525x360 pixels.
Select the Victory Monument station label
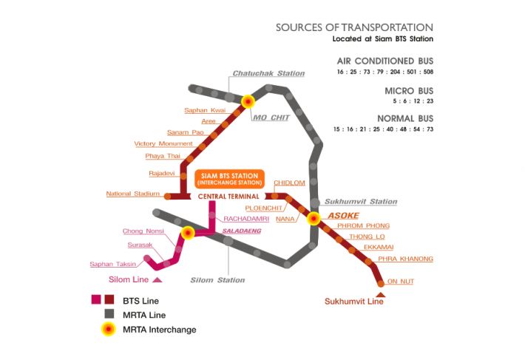point(163,143)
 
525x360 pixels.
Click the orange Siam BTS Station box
point(228,179)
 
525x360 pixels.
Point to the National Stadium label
point(133,194)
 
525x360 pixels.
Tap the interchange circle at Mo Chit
point(248,102)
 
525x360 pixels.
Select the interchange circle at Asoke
point(314,218)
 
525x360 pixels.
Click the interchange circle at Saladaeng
point(188,233)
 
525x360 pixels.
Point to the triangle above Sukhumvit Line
point(381,294)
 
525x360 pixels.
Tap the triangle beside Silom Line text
point(157,279)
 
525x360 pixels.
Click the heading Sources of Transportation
point(354,27)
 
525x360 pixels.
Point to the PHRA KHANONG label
point(405,259)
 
